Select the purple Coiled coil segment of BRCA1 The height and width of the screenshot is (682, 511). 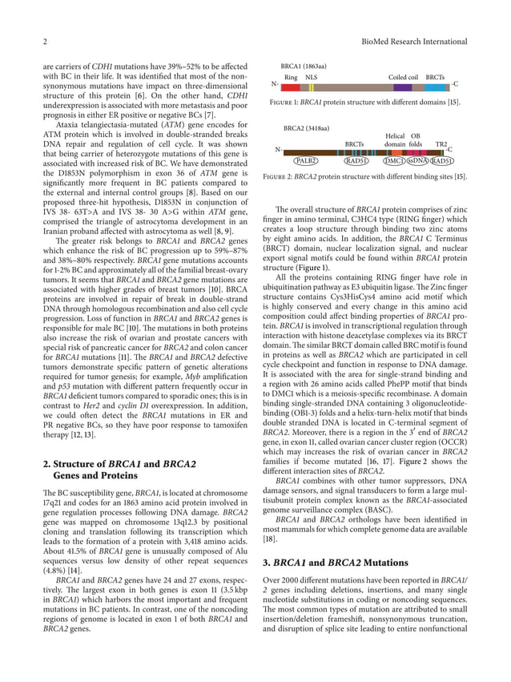tap(403, 87)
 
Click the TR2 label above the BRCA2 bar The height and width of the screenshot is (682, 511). tap(441, 143)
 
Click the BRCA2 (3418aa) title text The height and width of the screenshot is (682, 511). tap(307, 128)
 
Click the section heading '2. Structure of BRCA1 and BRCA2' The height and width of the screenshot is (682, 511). tap(119, 463)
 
